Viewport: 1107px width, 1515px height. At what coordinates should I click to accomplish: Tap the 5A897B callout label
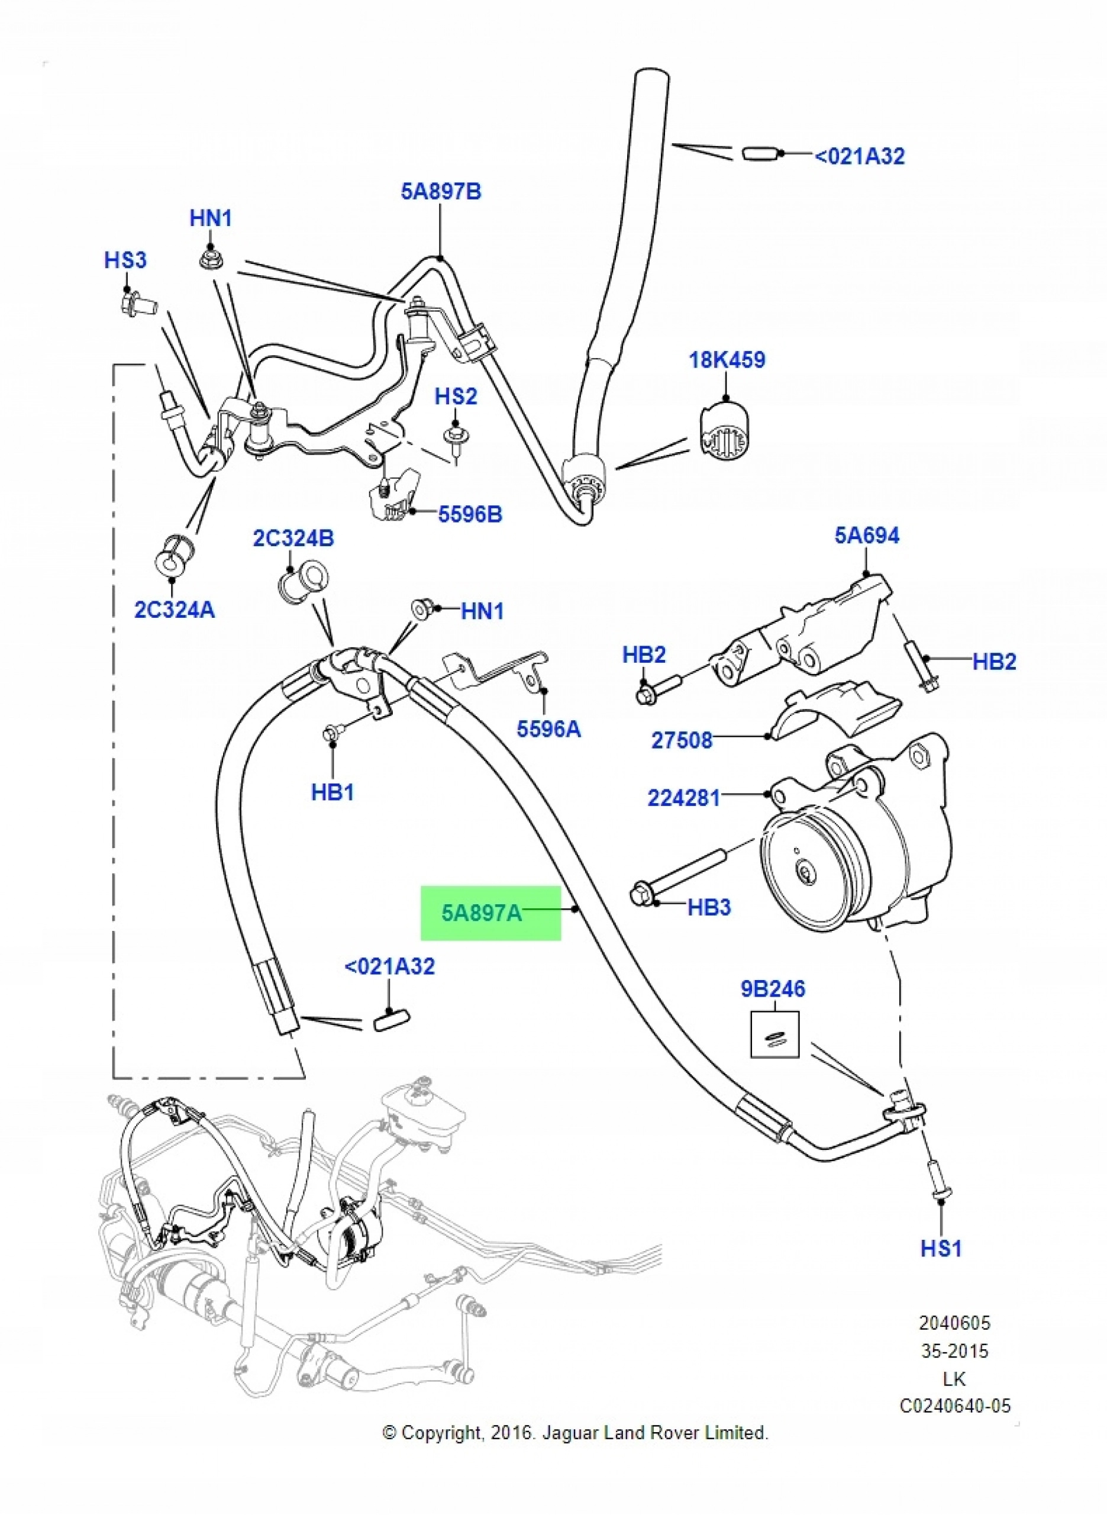coord(441,192)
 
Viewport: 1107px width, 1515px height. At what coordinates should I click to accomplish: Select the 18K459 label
coord(727,360)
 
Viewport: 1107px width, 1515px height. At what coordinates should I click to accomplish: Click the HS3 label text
coord(125,260)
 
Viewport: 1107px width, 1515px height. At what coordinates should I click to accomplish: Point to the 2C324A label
coord(174,610)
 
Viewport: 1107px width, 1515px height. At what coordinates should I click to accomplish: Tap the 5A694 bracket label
coord(867,536)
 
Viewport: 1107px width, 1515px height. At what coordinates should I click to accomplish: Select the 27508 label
coord(682,740)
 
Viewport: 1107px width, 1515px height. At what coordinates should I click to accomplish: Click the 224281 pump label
coord(683,798)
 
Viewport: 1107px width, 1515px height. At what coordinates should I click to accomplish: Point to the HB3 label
coord(709,907)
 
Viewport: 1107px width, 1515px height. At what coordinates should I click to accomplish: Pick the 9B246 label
coord(773,989)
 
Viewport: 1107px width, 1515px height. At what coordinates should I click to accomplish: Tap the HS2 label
coord(456,396)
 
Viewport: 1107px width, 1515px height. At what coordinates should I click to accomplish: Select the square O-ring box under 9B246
coord(774,1034)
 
